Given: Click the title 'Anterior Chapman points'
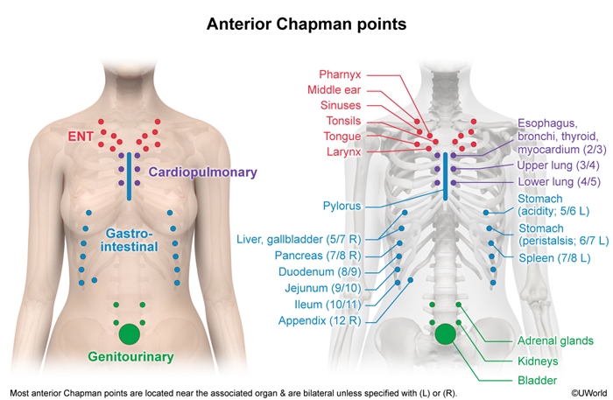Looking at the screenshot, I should (x=306, y=24).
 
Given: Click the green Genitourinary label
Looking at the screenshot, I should (x=130, y=356).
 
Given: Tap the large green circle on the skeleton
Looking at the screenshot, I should (x=445, y=333).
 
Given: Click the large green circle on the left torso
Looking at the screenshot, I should (x=129, y=333).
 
